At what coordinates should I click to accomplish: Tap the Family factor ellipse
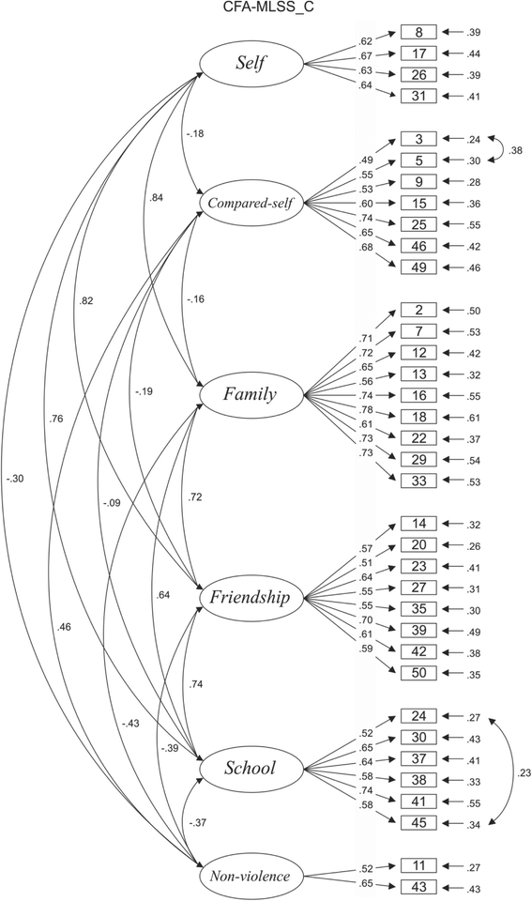250,395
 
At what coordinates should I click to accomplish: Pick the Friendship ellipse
250,597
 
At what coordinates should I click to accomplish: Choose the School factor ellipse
250,768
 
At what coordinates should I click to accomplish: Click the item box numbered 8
420,33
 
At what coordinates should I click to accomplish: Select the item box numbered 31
420,96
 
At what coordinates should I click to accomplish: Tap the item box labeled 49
420,267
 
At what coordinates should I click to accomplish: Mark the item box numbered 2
420,310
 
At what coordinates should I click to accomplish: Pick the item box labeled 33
420,481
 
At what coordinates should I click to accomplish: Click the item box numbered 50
420,673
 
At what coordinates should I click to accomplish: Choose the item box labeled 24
420,716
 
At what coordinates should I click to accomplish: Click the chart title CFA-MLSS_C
266,8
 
